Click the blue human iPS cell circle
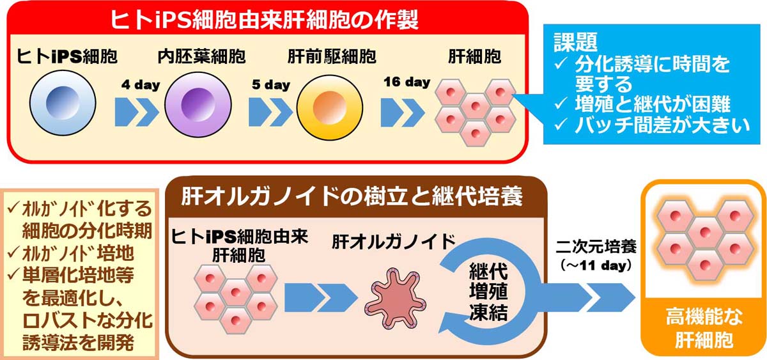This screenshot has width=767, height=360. click(63, 103)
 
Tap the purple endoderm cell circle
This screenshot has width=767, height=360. click(198, 104)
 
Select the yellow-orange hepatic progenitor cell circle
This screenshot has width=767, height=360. click(330, 107)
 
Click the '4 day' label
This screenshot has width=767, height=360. click(141, 84)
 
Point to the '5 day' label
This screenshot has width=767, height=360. click(271, 84)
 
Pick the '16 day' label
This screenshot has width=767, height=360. click(407, 82)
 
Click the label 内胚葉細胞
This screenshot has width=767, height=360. click(201, 56)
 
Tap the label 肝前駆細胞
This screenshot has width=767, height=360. click(332, 56)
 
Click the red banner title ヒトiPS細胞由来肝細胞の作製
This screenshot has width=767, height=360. click(264, 19)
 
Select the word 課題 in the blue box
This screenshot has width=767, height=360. click(576, 42)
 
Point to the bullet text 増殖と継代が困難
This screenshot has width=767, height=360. click(653, 104)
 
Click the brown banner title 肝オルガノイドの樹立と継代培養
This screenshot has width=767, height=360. click(352, 196)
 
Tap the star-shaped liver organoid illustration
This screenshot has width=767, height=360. click(396, 298)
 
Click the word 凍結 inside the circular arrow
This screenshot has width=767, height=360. click(488, 313)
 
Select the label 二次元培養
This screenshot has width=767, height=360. click(596, 247)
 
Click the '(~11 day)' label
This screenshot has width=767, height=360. click(596, 265)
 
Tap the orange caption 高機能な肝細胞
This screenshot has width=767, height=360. click(704, 328)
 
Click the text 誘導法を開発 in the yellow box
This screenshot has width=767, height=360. click(78, 343)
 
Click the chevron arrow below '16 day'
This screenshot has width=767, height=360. click(403, 113)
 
